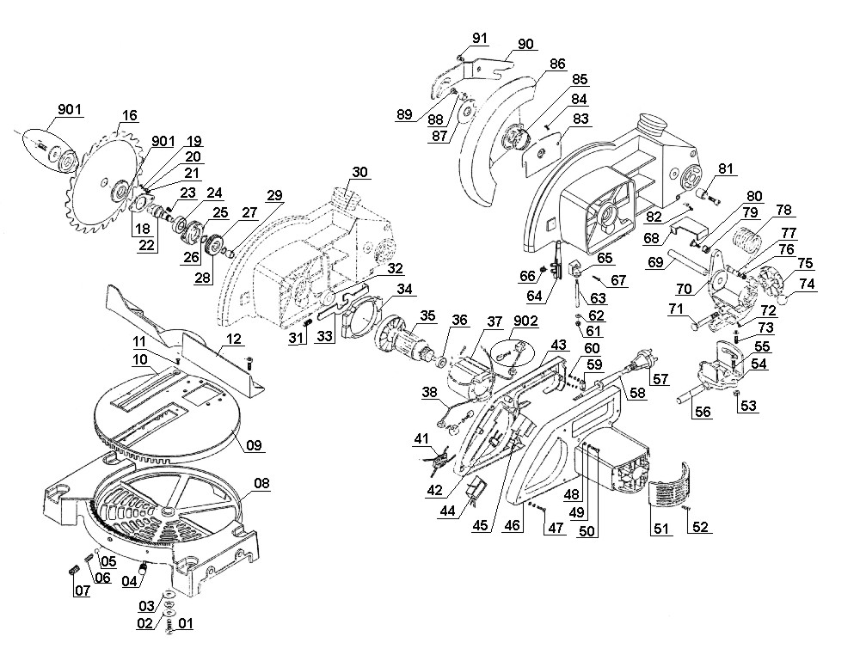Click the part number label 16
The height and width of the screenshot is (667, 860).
[x=130, y=116]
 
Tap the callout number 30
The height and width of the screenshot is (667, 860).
[x=359, y=172]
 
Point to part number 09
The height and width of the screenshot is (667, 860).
[x=254, y=444]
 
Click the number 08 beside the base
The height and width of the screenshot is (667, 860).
[x=261, y=483]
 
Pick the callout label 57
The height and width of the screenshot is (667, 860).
[x=660, y=379]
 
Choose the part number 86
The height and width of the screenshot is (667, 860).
[x=557, y=64]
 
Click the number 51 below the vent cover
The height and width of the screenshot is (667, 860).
[x=660, y=529]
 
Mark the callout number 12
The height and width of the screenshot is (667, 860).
[x=233, y=339]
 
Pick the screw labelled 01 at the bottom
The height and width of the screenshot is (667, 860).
[x=169, y=628]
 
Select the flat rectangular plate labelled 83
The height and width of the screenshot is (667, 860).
[x=543, y=152]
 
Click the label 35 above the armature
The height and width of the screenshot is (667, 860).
[x=427, y=315]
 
